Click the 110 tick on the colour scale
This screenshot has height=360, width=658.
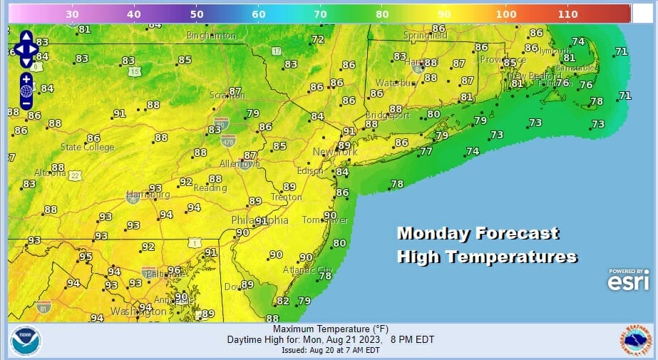click(567, 14)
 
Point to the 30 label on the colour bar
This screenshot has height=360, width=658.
click(72, 14)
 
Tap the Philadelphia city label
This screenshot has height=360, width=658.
click(260, 220)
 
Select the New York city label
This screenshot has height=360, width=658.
click(334, 153)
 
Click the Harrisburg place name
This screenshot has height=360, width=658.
click(148, 195)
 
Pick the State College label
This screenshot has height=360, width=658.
click(87, 148)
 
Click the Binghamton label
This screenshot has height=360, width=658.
click(211, 36)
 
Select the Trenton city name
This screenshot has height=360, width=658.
click(286, 197)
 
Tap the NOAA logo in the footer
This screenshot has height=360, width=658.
click(26, 341)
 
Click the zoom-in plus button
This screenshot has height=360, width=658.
click(26, 78)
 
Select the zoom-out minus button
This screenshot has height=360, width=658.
click(26, 103)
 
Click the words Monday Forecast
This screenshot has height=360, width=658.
click(478, 233)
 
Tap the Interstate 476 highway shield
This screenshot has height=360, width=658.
click(228, 140)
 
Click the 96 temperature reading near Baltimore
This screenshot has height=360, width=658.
click(174, 270)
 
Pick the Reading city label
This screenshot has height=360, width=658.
click(210, 188)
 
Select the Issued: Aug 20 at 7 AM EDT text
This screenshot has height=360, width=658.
click(326, 350)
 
